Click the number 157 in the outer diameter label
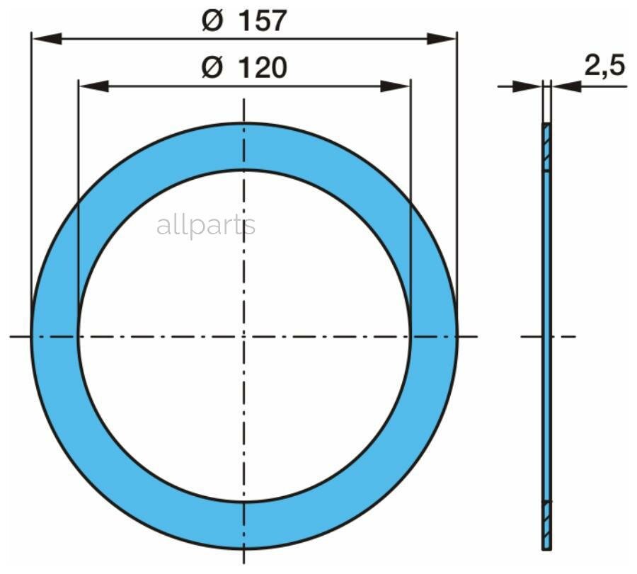coord(262,21)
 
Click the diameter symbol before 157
coord(212,21)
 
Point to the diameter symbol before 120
coord(212,68)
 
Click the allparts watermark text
coord(205,226)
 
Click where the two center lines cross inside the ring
coord(244,335)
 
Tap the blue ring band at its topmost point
coord(244,147)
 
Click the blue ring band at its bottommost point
coord(244,524)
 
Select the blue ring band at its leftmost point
coord(54,335)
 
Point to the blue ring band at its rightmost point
coord(434,335)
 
